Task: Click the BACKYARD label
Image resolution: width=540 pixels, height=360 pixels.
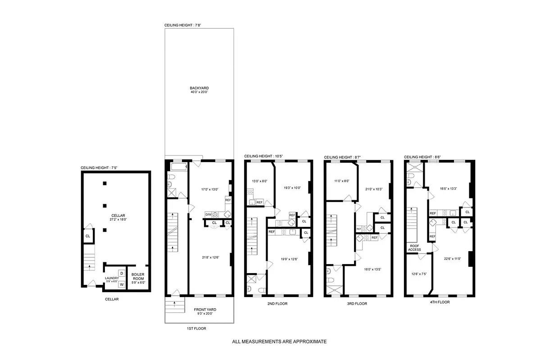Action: [x=199, y=88]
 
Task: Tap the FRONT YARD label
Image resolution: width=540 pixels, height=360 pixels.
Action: [x=205, y=310]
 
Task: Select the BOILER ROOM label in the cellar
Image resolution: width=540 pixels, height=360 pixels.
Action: [x=138, y=276]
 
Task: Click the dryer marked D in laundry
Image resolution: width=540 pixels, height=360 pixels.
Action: [x=122, y=273]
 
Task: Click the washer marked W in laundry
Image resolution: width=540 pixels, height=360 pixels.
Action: [x=122, y=284]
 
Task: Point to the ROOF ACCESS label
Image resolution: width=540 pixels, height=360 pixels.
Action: [x=415, y=247]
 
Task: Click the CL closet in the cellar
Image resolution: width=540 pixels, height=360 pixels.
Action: [x=88, y=236]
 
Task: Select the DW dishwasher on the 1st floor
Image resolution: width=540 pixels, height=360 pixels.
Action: [x=209, y=215]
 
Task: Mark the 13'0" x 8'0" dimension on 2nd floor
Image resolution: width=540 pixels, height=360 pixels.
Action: [x=259, y=181]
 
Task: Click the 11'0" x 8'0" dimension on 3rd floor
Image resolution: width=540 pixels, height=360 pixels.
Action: [x=340, y=181]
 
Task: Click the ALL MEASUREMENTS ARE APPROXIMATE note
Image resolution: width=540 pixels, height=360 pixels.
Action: [x=279, y=342]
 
